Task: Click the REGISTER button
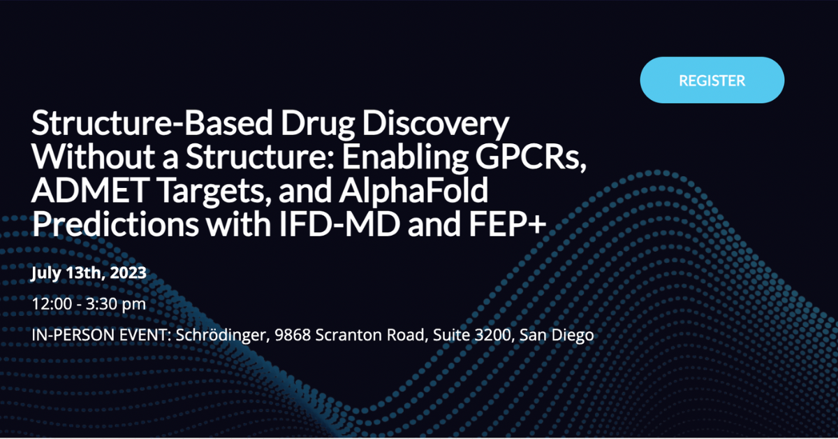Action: [712, 80]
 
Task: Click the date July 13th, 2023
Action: [89, 273]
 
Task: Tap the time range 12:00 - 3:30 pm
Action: [89, 304]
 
